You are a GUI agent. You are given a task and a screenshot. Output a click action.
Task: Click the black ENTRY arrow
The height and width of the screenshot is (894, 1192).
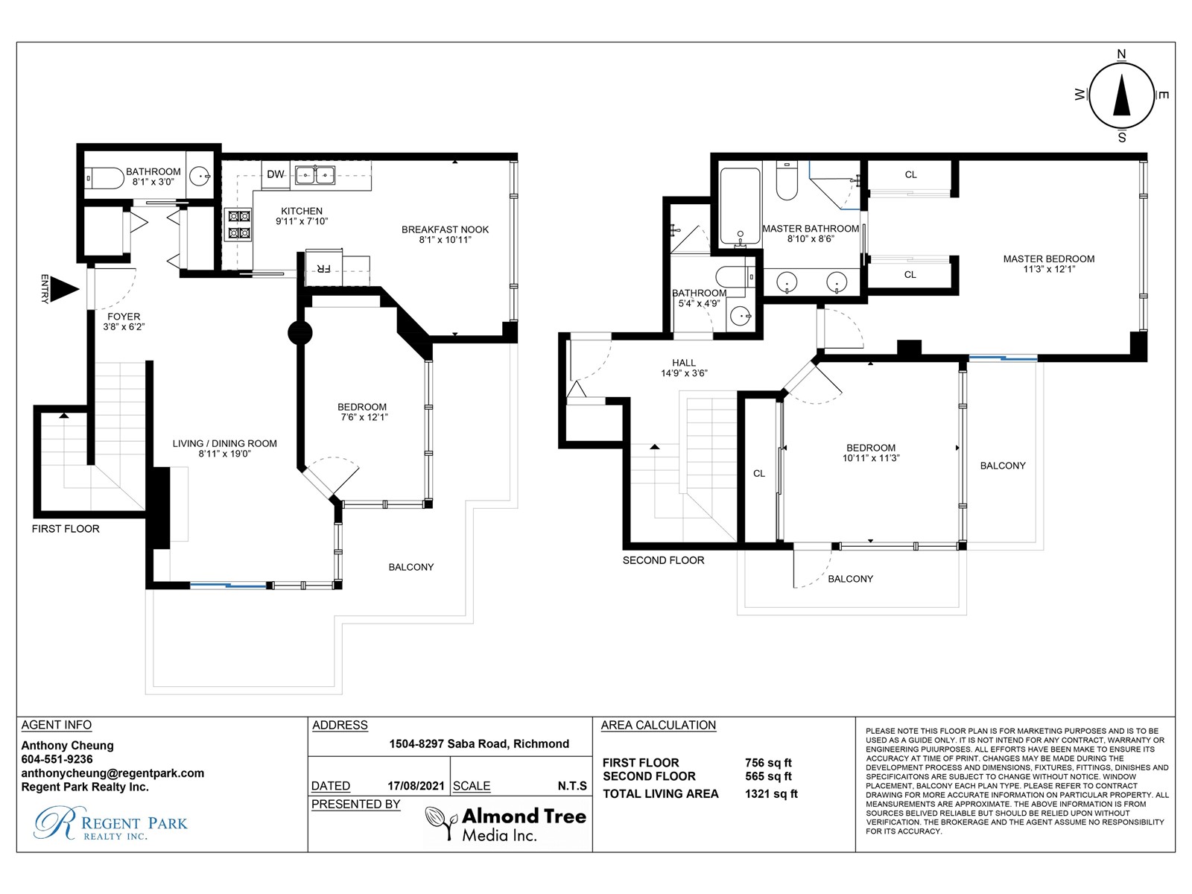pyautogui.click(x=67, y=289)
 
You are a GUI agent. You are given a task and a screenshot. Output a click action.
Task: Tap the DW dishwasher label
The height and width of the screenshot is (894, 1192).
pyautogui.click(x=276, y=174)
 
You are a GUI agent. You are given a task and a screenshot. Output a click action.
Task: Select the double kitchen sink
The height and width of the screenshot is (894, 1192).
pyautogui.click(x=315, y=175)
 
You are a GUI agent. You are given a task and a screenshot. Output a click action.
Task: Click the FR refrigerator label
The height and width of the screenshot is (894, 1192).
pyautogui.click(x=323, y=268)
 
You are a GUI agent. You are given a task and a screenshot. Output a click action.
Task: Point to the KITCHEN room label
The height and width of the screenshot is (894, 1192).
pyautogui.click(x=302, y=211)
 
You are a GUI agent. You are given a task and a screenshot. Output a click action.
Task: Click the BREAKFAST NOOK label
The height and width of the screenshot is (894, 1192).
pyautogui.click(x=445, y=229)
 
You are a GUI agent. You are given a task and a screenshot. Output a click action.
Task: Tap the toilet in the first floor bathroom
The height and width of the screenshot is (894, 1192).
pyautogui.click(x=105, y=177)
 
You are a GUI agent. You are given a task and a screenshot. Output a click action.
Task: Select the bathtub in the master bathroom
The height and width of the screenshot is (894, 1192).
pyautogui.click(x=740, y=206)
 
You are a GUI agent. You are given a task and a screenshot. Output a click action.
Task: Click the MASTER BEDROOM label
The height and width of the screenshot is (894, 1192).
pyautogui.click(x=1049, y=259)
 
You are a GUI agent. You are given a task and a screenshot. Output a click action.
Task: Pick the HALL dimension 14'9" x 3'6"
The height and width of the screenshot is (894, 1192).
pyautogui.click(x=684, y=373)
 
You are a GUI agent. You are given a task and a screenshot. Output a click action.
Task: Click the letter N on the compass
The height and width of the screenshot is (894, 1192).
pyautogui.click(x=1121, y=54)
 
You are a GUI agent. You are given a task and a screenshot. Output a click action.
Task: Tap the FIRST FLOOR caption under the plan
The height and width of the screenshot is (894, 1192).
pyautogui.click(x=66, y=529)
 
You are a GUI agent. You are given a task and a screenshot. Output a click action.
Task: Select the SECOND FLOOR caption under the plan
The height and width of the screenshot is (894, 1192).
pyautogui.click(x=663, y=560)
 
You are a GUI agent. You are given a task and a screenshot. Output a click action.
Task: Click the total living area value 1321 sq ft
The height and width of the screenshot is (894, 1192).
pyautogui.click(x=771, y=793)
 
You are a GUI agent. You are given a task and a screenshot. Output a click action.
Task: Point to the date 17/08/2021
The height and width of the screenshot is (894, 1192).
pyautogui.click(x=416, y=785)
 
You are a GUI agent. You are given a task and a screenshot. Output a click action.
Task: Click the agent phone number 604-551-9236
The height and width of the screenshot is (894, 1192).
pyautogui.click(x=57, y=759)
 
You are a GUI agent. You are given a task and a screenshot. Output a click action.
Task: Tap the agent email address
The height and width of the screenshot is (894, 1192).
pyautogui.click(x=112, y=773)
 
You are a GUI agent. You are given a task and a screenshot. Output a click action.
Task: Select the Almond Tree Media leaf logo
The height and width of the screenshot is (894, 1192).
pyautogui.click(x=442, y=823)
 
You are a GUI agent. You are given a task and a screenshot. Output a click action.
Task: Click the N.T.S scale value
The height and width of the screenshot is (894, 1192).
pyautogui.click(x=572, y=785)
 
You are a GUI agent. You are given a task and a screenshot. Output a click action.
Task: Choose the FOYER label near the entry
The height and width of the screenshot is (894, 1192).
pyautogui.click(x=124, y=317)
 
